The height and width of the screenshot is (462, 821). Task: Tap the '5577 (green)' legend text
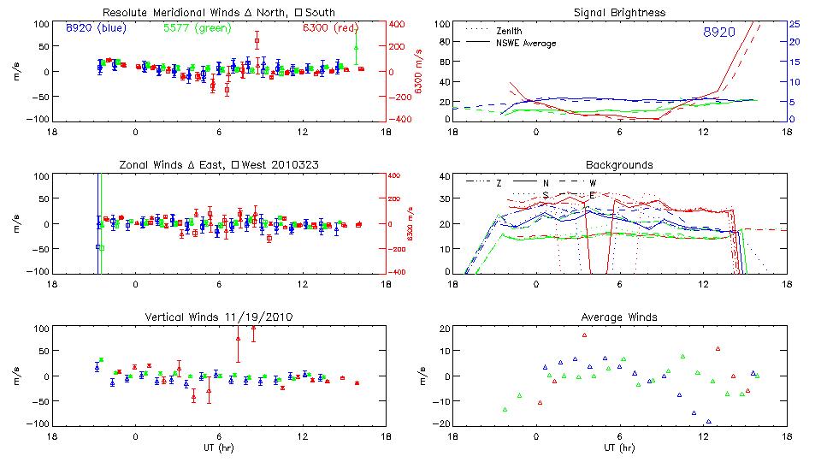pos(196,27)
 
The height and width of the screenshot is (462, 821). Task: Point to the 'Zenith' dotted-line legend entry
pos(508,30)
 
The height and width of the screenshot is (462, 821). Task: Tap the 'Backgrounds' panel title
pos(619,164)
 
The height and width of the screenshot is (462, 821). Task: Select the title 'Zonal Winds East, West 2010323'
pos(218,164)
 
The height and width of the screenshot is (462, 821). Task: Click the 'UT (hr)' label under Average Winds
pos(619,447)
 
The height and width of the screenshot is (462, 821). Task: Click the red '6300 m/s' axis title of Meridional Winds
pos(419,71)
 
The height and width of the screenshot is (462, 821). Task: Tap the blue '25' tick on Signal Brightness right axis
pos(794,23)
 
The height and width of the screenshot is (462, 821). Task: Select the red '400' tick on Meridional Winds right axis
pos(399,23)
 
